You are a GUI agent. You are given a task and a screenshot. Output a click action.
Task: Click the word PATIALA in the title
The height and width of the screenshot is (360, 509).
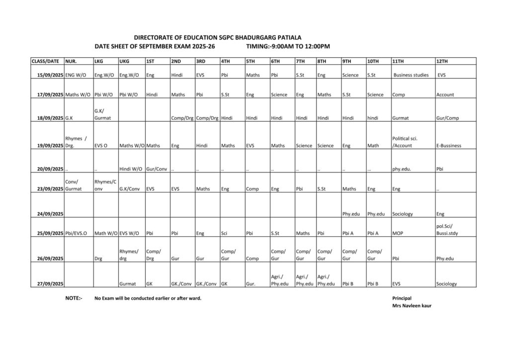pos(288,37)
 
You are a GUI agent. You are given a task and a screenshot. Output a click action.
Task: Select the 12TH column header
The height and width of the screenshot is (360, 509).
pos(442,61)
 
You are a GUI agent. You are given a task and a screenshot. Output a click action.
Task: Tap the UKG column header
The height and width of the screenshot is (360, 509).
pos(124,61)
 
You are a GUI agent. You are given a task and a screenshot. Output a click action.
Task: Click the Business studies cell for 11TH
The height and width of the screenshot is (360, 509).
pos(411,75)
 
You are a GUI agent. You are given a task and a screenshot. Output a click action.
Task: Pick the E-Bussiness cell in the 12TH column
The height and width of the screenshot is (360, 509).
pos(448,146)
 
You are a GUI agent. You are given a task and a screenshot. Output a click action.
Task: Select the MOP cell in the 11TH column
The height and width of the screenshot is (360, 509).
pos(398,233)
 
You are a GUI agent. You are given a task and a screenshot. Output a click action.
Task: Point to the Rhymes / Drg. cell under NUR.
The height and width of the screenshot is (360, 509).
pos(76,142)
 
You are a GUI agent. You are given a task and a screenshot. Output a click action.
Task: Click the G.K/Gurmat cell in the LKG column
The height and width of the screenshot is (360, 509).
pos(102,114)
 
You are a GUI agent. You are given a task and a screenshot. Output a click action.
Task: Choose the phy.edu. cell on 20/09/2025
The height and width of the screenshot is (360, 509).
pos(402,169)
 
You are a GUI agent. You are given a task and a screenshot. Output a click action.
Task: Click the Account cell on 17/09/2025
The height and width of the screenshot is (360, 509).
pos(445,94)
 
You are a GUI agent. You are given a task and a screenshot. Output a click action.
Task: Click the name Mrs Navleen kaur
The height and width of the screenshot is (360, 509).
pos(412,306)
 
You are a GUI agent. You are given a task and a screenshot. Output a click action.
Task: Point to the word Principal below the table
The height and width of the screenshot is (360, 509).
pos(402,298)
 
